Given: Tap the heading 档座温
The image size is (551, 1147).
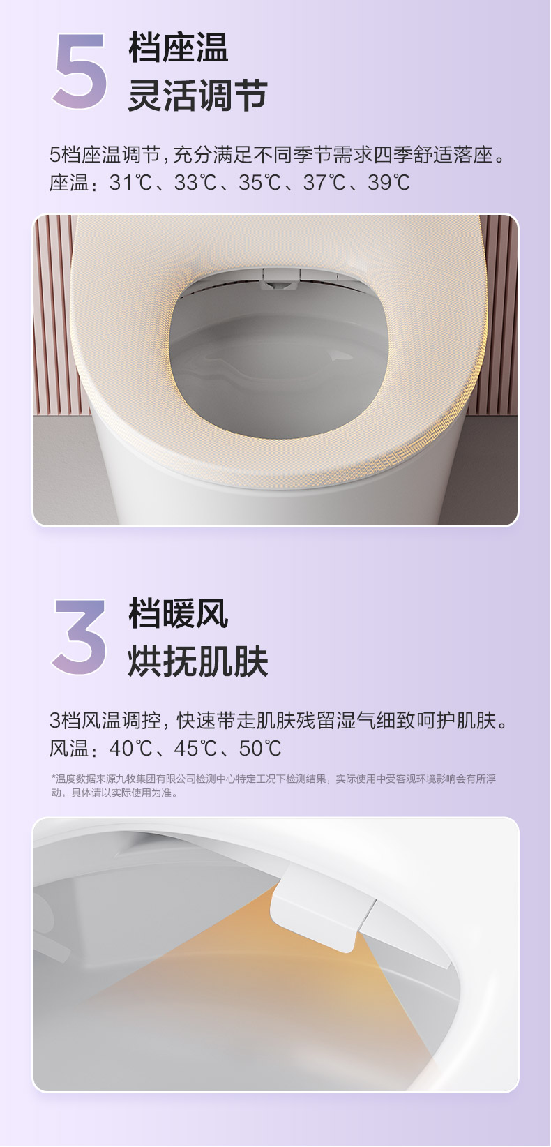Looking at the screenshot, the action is click(179, 47).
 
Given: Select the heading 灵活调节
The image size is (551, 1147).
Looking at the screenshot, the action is click(197, 96).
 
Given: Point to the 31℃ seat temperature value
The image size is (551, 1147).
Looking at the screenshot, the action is click(130, 183).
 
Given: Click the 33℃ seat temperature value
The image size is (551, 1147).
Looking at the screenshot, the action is click(195, 183).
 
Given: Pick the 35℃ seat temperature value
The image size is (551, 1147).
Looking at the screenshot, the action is click(259, 183).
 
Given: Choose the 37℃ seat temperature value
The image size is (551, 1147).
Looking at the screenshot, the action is click(324, 183).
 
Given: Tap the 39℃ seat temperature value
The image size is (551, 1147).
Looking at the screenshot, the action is click(388, 183).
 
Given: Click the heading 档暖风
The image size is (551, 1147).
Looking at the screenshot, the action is click(179, 613).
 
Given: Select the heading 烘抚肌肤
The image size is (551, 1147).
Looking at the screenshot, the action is click(197, 661).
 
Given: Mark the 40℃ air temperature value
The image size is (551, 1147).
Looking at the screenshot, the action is click(130, 749).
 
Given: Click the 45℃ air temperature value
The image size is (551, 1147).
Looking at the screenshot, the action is click(195, 749).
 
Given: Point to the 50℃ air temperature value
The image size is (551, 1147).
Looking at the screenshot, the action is click(259, 749).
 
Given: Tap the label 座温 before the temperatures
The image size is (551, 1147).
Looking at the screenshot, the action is click(69, 183).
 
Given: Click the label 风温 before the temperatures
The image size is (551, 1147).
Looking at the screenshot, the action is click(69, 749).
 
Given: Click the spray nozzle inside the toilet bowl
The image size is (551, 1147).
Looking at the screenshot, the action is click(279, 281).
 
